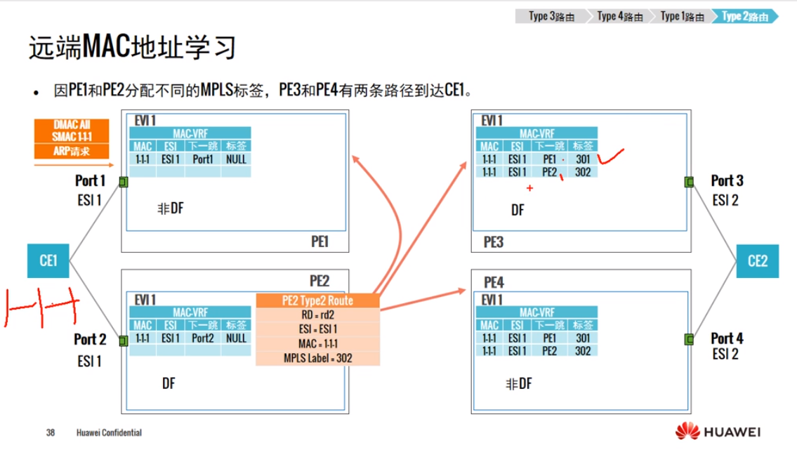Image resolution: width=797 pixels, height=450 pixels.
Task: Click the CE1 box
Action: click(x=48, y=261)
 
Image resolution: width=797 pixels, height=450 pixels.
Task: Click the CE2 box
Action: click(x=758, y=261)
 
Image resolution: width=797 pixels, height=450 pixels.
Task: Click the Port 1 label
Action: click(x=90, y=181)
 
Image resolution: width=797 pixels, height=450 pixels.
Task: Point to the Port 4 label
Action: click(x=726, y=338)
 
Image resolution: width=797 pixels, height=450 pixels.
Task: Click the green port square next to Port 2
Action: click(x=124, y=340)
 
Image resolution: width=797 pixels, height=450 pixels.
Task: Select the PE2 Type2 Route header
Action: click(x=317, y=301)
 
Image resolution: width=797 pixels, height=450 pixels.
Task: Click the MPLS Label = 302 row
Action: click(x=317, y=358)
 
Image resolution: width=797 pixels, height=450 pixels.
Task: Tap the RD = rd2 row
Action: click(x=317, y=315)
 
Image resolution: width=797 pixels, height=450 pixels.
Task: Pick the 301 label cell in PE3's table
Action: click(x=583, y=159)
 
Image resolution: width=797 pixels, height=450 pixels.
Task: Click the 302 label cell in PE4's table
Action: click(x=583, y=350)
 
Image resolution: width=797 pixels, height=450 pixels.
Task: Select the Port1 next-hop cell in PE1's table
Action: click(x=202, y=159)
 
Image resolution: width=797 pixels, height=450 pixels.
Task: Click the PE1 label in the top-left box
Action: click(x=320, y=241)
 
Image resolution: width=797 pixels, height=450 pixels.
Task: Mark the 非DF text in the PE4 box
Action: click(x=518, y=383)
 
